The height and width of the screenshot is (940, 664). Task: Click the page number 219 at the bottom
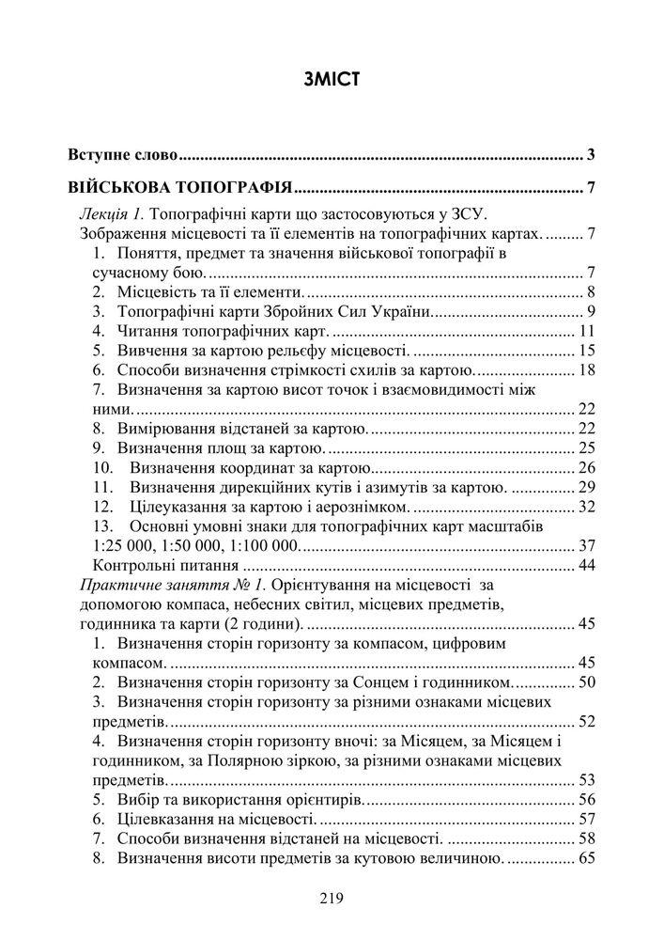tap(332, 899)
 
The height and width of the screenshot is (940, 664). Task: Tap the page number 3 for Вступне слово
tap(592, 154)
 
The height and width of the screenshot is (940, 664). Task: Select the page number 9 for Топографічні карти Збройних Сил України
tap(592, 312)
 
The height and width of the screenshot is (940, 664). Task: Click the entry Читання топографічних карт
tap(224, 332)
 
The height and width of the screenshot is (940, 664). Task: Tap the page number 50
tap(588, 681)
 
